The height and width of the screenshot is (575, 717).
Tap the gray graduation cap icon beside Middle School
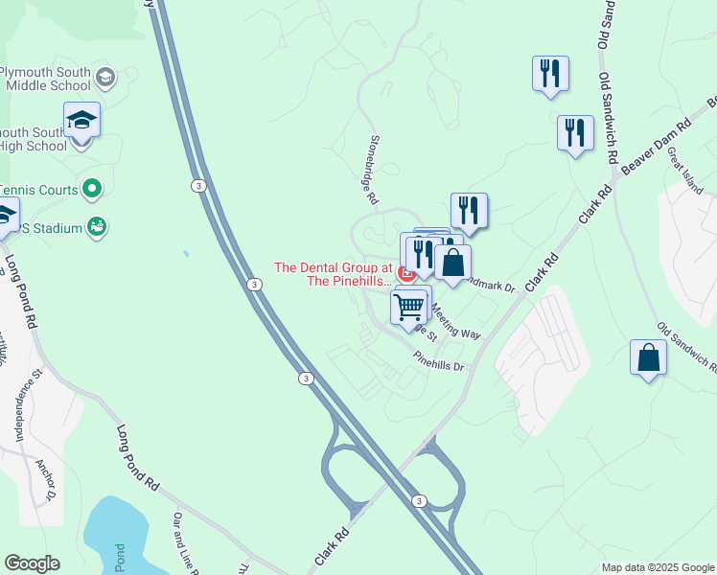pyautogui.click(x=104, y=77)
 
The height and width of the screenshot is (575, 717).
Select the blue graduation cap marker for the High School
pyautogui.click(x=81, y=122)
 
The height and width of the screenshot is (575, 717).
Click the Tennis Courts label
pyautogui.click(x=38, y=190)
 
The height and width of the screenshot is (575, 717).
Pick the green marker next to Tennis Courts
pyautogui.click(x=93, y=190)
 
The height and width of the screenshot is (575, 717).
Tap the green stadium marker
pyautogui.click(x=96, y=227)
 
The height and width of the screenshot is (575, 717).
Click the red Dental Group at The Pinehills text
pyautogui.click(x=334, y=274)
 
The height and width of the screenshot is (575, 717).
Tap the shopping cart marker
pyautogui.click(x=409, y=308)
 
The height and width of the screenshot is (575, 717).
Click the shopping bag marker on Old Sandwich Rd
pyautogui.click(x=648, y=357)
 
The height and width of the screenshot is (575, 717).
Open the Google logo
pyautogui.click(x=32, y=563)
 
